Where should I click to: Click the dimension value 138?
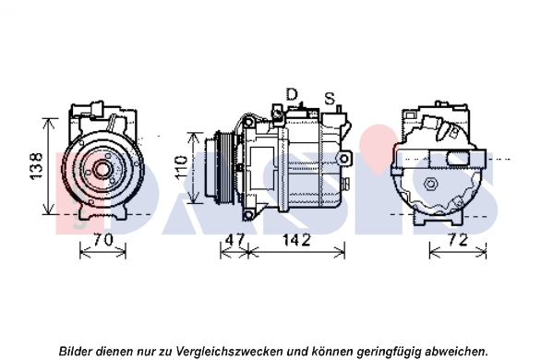tap(37, 166)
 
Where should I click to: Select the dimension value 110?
tap(181, 167)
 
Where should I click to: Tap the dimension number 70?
tap(103, 240)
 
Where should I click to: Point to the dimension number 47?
tap(234, 240)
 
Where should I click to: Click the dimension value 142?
tap(296, 240)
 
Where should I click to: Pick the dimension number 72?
tap(459, 240)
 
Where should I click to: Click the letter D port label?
tap(292, 94)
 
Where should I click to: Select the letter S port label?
tap(330, 99)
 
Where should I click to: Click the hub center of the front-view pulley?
tap(102, 170)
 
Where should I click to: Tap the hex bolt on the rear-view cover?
tap(431, 184)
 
